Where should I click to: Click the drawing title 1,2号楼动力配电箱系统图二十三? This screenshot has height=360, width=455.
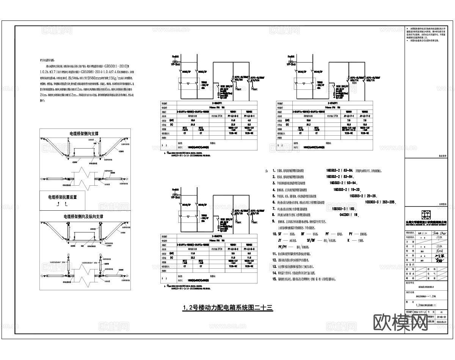[x=228, y=308]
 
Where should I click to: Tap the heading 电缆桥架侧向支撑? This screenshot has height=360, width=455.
[x=84, y=133]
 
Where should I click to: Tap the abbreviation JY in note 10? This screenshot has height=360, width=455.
[x=280, y=240]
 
